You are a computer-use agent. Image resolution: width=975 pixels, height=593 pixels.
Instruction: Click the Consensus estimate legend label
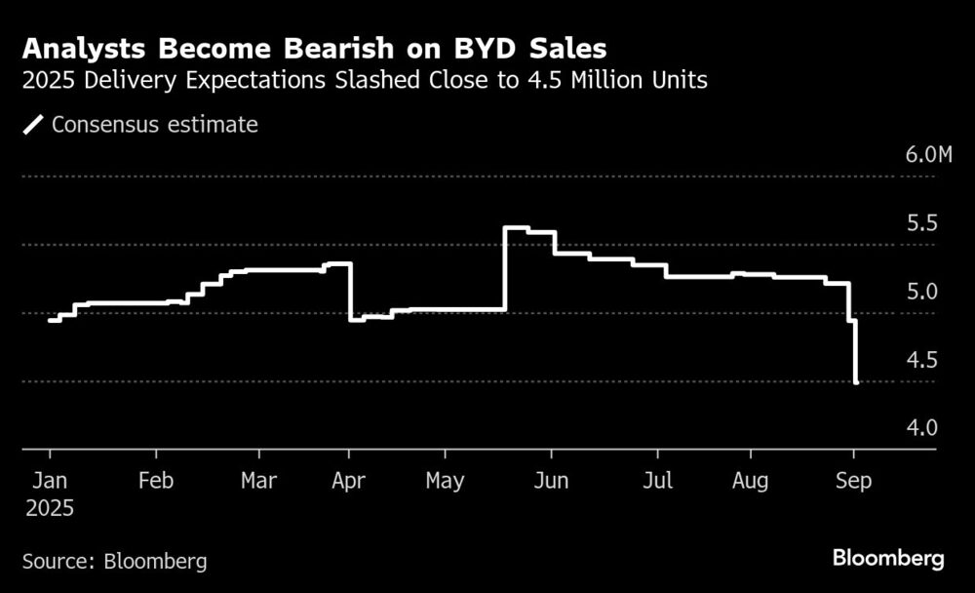pos(155,125)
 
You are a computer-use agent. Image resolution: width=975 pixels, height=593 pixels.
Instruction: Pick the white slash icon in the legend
pos(34,125)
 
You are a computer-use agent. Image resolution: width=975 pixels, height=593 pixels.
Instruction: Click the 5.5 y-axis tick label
pos(921,223)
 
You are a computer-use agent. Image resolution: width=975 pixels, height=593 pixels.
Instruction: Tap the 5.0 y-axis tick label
pos(921,292)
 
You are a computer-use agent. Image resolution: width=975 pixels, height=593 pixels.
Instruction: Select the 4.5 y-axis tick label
pos(921,360)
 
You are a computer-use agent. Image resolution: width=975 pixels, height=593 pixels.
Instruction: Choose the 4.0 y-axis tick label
pos(921,428)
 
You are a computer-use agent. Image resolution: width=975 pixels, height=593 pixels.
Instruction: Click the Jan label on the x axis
pos(50,481)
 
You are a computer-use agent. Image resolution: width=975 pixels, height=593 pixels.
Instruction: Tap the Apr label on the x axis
pos(349,481)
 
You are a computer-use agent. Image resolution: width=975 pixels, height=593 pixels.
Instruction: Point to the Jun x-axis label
pos(551,481)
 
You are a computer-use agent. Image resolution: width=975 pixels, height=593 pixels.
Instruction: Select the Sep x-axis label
pos(854,481)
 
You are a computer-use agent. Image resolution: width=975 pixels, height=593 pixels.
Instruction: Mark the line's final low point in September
pos(855,382)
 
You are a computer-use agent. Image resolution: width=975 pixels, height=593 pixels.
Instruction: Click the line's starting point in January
pos(50,320)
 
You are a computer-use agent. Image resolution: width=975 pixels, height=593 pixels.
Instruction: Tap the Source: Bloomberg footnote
pos(114,561)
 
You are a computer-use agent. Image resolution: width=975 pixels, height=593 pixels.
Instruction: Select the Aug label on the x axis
pos(750,481)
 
